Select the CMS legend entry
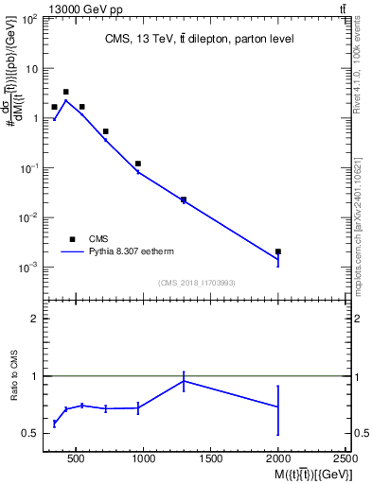(x=98, y=239)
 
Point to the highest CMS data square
(x=65, y=92)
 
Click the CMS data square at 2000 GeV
(x=277, y=251)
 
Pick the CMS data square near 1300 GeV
(x=183, y=199)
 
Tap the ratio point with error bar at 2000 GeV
(x=277, y=406)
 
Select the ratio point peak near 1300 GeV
(x=183, y=381)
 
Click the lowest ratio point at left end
(x=54, y=423)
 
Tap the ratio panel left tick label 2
(x=33, y=319)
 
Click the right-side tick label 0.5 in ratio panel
(x=360, y=433)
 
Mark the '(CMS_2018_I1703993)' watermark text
(x=198, y=282)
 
